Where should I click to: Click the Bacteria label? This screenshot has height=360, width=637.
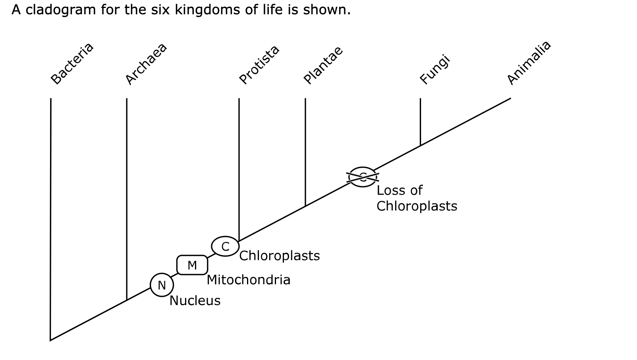pyautogui.click(x=72, y=64)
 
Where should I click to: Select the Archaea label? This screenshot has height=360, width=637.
pyautogui.click(x=146, y=64)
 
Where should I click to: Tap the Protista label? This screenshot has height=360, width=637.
pyautogui.click(x=259, y=65)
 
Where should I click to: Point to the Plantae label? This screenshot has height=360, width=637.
pyautogui.click(x=323, y=65)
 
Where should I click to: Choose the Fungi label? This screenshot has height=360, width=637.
pyautogui.click(x=435, y=70)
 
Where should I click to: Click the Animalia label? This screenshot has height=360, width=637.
pyautogui.click(x=529, y=63)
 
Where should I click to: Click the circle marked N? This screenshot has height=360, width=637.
pyautogui.click(x=162, y=285)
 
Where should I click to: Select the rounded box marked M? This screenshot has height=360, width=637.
pyautogui.click(x=192, y=265)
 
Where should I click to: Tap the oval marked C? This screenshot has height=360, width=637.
pyautogui.click(x=225, y=246)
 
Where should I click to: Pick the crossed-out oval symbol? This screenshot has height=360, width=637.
pyautogui.click(x=363, y=177)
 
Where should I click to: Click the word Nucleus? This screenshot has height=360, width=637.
pyautogui.click(x=195, y=301)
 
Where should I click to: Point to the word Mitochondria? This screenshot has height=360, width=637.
pyautogui.click(x=249, y=280)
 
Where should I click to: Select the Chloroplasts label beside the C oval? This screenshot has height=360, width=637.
pyautogui.click(x=280, y=256)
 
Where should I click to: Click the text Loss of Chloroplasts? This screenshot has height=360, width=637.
pyautogui.click(x=417, y=198)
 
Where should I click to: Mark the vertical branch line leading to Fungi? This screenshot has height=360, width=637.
pyautogui.click(x=420, y=121)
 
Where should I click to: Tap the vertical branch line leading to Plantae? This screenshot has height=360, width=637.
pyautogui.click(x=305, y=151)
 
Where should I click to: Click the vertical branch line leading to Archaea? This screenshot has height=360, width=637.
pyautogui.click(x=127, y=199)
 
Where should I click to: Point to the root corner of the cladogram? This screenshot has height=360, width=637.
pyautogui.click(x=50, y=340)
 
